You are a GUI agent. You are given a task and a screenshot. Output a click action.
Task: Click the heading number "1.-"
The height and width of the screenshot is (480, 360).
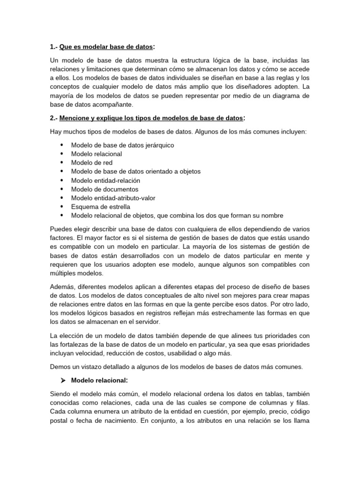point(53,47)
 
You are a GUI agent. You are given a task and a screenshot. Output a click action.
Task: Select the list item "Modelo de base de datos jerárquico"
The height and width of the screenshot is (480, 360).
point(122,145)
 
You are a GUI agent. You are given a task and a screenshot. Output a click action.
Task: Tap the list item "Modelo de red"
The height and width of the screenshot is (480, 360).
point(92,163)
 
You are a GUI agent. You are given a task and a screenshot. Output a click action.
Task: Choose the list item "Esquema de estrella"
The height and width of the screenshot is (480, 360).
point(100,207)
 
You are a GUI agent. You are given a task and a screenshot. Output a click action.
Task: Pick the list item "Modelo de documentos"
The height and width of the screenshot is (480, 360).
point(105,189)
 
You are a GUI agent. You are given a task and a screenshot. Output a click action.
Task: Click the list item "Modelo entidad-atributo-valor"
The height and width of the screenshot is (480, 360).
point(113,198)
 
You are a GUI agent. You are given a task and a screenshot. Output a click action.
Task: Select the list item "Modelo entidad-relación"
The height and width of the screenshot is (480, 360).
point(105,180)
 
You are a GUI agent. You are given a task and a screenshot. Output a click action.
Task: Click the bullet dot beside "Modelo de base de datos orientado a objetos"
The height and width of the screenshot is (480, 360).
point(62,172)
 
